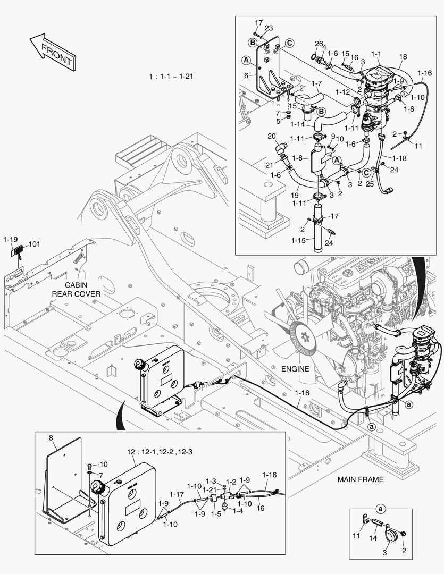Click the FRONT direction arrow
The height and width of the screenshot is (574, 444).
[x=53, y=52]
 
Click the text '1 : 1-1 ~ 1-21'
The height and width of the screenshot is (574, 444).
[x=171, y=77]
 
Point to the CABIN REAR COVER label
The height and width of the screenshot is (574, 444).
[x=76, y=289]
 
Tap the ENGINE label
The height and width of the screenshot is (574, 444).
[x=295, y=369]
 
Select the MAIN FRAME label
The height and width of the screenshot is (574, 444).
[x=361, y=479]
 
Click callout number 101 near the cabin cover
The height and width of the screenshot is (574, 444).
[x=35, y=244]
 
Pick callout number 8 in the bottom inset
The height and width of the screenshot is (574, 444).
[x=51, y=437]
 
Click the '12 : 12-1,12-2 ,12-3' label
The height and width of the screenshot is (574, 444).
[x=160, y=452]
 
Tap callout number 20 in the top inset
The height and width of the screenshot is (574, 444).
[x=272, y=136]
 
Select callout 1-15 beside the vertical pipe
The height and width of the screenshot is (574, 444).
[x=298, y=241]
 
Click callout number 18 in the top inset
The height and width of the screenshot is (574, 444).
[x=403, y=57]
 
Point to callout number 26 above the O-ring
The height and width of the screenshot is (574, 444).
[x=318, y=44]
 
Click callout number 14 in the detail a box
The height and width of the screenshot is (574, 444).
[x=373, y=538]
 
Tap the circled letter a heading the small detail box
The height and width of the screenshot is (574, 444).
[x=381, y=509]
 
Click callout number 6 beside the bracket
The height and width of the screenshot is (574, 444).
[x=246, y=75]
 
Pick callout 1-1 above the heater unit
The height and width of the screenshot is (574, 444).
[x=376, y=54]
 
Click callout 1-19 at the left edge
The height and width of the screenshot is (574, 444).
[x=10, y=239]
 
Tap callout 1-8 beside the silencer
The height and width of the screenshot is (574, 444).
[x=297, y=158]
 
